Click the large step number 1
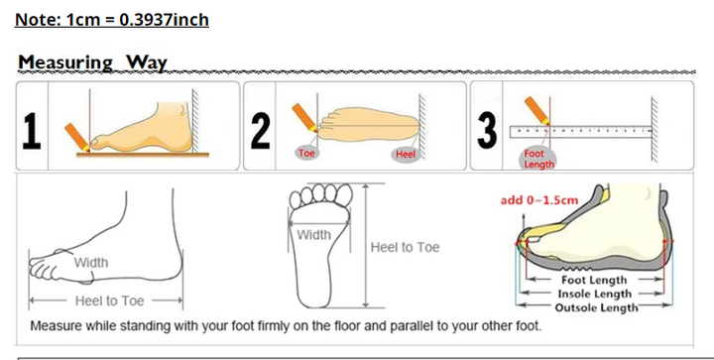(x=32, y=131)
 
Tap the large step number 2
(x=260, y=131)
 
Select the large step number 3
(x=487, y=131)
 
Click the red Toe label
(x=306, y=153)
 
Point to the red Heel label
(x=406, y=155)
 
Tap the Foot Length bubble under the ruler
(x=538, y=159)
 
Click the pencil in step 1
(x=76, y=137)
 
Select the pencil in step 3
(x=536, y=110)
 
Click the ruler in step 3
(x=581, y=132)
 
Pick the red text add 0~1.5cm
(x=539, y=200)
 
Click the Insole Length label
(x=594, y=294)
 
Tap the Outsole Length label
(x=596, y=307)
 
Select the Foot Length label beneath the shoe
(x=594, y=281)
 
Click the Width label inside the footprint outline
(x=313, y=235)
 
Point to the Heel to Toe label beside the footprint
(x=405, y=247)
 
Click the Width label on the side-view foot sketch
(x=91, y=263)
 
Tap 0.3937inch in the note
(x=164, y=20)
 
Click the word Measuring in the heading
(x=65, y=62)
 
